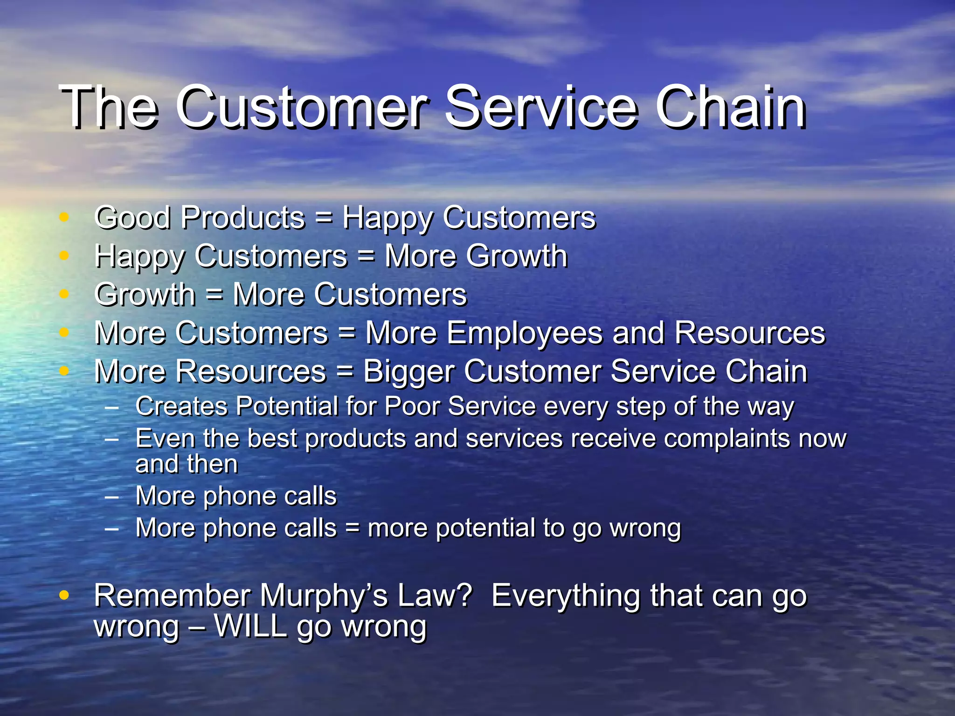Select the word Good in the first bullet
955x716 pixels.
[x=132, y=218]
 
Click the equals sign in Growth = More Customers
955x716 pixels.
[x=214, y=295]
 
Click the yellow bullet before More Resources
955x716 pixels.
[x=64, y=371]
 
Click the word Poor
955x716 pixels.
[x=412, y=406]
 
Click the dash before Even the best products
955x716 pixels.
[x=111, y=439]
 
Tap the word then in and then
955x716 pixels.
[x=213, y=464]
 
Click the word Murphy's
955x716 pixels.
[x=323, y=596]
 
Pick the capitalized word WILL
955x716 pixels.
[x=250, y=626]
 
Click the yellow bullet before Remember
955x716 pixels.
[x=64, y=595]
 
